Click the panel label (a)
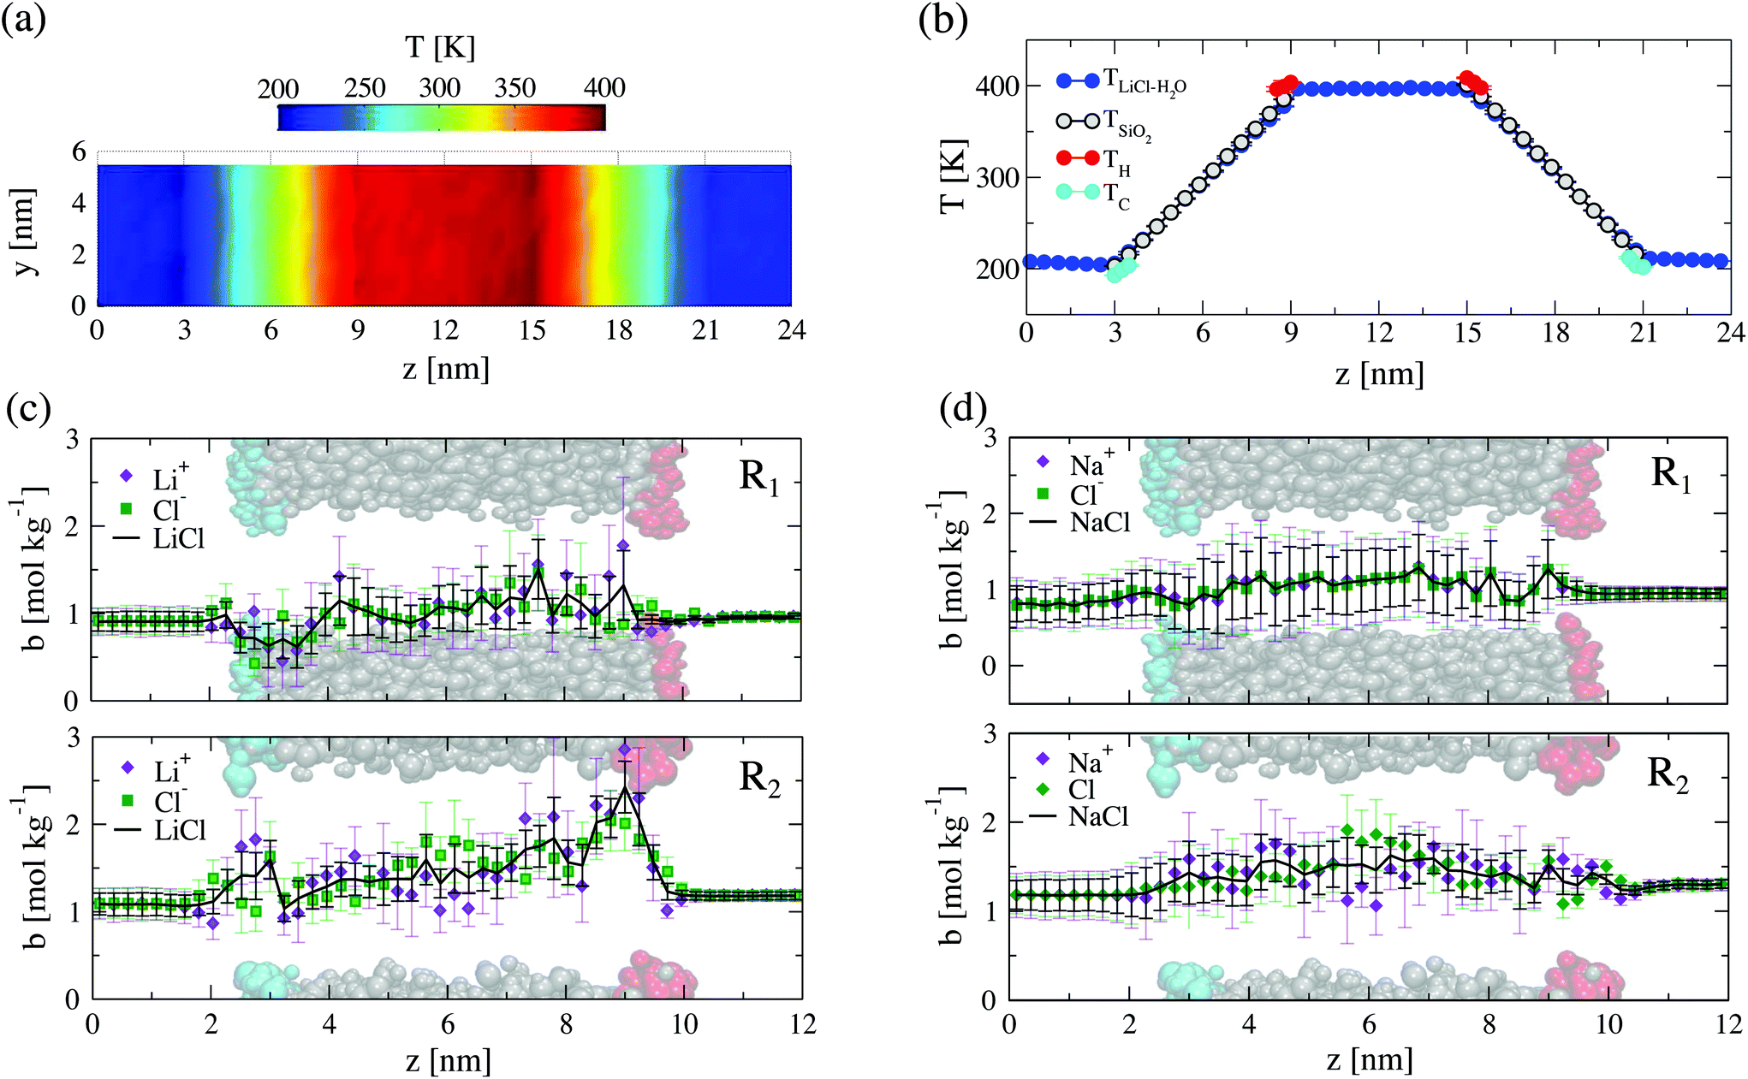(x=25, y=19)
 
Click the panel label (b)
(x=942, y=19)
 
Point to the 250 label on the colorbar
(x=365, y=87)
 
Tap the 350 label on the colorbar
(x=515, y=87)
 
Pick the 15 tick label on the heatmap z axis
(x=532, y=329)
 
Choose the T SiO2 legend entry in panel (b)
(x=1103, y=122)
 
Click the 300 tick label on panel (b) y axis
(x=998, y=177)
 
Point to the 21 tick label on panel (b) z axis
(x=1644, y=333)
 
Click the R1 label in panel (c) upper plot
(x=759, y=477)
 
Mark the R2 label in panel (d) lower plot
(x=1668, y=775)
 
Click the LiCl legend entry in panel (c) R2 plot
(x=161, y=830)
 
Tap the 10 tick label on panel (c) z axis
(x=684, y=1024)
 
